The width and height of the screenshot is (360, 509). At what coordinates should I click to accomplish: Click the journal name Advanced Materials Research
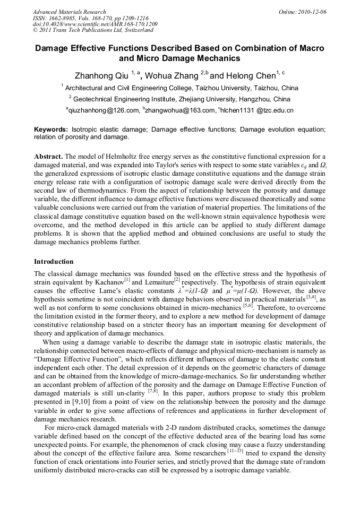[x=69, y=12]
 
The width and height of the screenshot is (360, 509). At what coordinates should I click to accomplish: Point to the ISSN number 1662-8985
[x=64, y=18]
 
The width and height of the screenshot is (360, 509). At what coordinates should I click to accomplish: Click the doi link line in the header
[x=95, y=24]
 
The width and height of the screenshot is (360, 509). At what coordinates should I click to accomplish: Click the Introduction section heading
[x=54, y=262]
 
